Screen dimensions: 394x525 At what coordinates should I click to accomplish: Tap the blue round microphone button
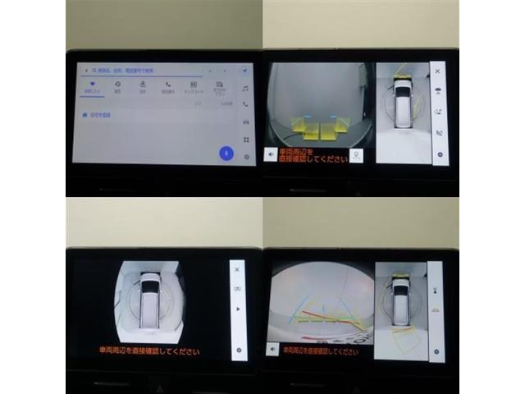(x=226, y=153)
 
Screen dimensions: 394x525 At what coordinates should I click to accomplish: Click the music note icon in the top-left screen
(x=245, y=88)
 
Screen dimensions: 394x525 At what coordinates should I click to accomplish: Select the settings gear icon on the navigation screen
(x=245, y=157)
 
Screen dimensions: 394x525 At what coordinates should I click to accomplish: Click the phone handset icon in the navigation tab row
(x=168, y=84)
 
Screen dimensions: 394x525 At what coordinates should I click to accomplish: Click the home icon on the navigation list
(x=84, y=117)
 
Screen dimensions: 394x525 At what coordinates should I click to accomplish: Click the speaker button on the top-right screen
(x=271, y=153)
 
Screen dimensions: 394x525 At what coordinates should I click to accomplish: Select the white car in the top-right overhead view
(x=403, y=103)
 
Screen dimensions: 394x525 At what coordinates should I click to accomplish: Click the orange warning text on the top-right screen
(x=314, y=153)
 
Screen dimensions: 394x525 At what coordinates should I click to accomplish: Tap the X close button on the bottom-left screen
(x=238, y=268)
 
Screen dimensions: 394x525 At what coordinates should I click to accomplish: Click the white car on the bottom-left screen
(x=150, y=300)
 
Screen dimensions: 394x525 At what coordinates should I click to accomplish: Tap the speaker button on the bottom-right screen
(x=272, y=350)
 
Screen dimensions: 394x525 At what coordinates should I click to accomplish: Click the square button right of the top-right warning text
(x=356, y=153)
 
